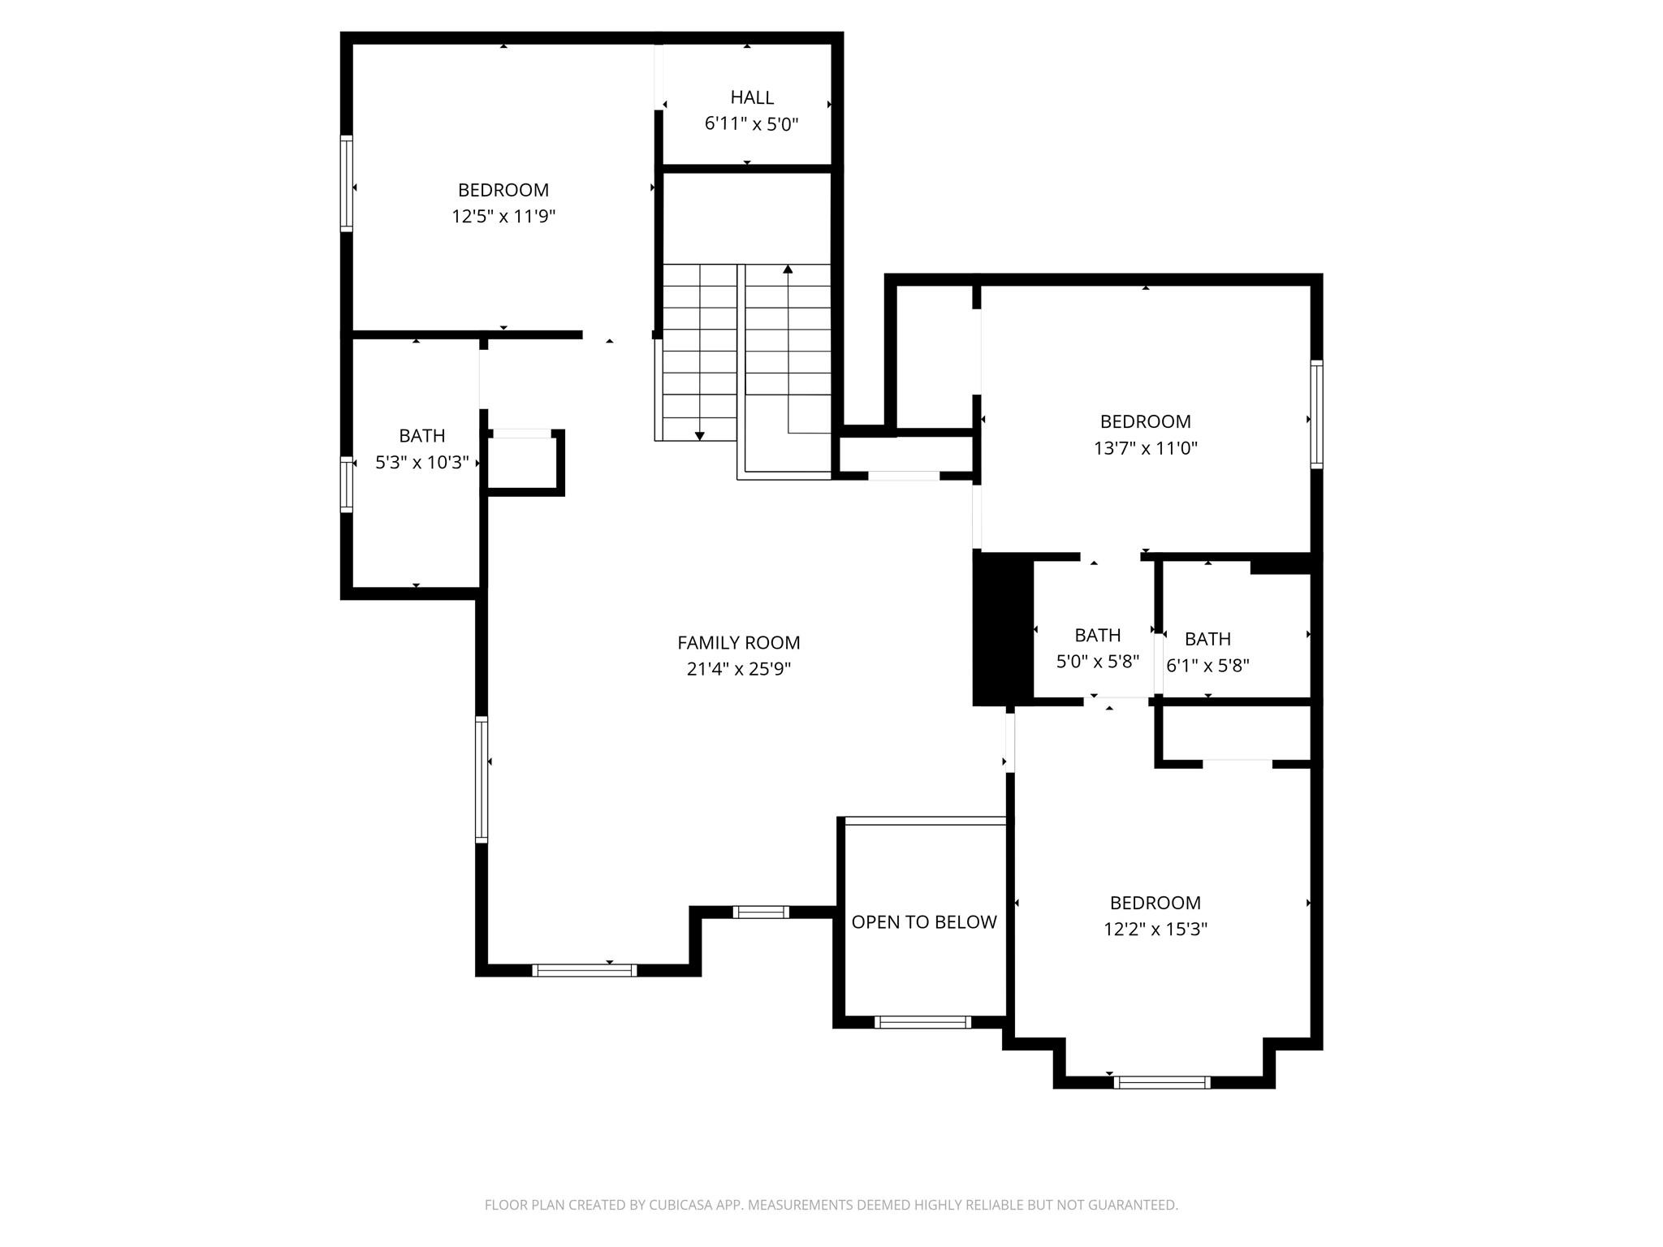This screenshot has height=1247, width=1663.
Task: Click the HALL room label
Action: coord(751,97)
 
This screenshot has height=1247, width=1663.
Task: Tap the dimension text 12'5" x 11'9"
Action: coord(503,217)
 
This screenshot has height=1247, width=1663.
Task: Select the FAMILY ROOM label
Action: coord(738,643)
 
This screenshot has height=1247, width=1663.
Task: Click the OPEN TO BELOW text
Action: coord(923,922)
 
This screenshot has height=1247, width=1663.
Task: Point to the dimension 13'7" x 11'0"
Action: coord(1145,448)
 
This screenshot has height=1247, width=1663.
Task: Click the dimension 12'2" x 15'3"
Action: coord(1155,930)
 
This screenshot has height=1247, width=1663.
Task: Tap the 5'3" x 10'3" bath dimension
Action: coord(421,463)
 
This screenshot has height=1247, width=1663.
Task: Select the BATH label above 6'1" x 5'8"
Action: coord(1207,639)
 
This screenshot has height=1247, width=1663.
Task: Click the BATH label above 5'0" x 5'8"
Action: coord(1097,636)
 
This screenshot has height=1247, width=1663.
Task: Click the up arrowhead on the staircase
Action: coord(788,269)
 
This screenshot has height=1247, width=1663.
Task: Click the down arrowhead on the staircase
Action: coord(699,437)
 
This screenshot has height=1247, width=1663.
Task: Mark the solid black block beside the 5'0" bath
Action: coord(1002,629)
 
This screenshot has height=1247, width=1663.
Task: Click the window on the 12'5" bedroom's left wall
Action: coord(347,183)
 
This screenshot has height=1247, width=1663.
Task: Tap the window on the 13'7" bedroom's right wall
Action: coord(1316,415)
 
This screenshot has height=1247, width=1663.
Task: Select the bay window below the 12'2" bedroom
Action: coord(1162,1082)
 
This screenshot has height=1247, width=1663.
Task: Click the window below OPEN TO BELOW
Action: coord(922,1022)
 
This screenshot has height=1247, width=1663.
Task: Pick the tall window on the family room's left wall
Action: coord(482,779)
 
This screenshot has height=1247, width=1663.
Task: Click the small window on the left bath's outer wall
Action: coord(347,485)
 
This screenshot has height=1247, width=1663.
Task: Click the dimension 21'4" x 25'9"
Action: coord(738,670)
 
